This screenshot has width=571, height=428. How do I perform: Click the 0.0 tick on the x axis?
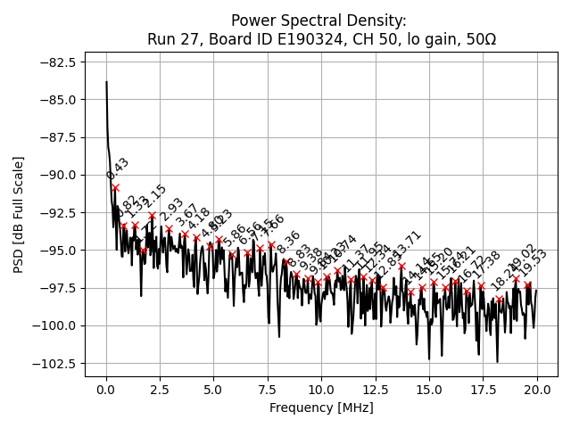106,391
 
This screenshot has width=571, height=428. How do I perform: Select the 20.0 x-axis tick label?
537,391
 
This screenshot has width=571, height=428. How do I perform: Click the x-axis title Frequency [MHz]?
321,408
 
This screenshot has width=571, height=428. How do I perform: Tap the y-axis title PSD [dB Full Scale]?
19,214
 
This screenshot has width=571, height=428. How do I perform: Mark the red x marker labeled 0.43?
115,187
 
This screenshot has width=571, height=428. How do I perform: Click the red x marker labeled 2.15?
153,215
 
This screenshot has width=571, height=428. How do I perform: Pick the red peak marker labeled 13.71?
401,266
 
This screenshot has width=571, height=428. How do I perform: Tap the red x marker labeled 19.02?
516,278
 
